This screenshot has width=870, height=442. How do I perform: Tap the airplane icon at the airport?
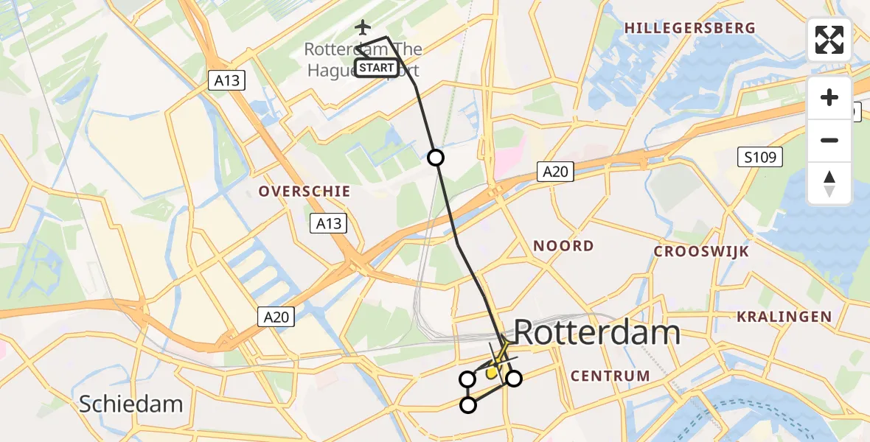(362, 28)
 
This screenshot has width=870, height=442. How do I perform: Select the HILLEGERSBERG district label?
(689, 28)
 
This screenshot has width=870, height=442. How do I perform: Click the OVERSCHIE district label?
(304, 192)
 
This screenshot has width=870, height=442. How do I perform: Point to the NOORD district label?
(563, 246)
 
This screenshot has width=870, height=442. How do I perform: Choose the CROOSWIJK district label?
(701, 251)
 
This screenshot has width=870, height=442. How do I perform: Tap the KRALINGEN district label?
(784, 317)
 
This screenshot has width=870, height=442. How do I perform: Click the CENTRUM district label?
(610, 376)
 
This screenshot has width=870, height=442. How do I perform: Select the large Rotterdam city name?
(596, 333)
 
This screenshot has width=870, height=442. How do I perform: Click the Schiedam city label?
(130, 404)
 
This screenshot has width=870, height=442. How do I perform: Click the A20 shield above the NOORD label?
(554, 171)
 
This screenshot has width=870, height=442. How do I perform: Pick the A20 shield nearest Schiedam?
(276, 317)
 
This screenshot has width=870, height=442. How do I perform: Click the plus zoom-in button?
(829, 97)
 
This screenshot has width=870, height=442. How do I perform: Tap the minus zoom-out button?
(829, 140)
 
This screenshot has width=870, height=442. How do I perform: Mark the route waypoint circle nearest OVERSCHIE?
(436, 158)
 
